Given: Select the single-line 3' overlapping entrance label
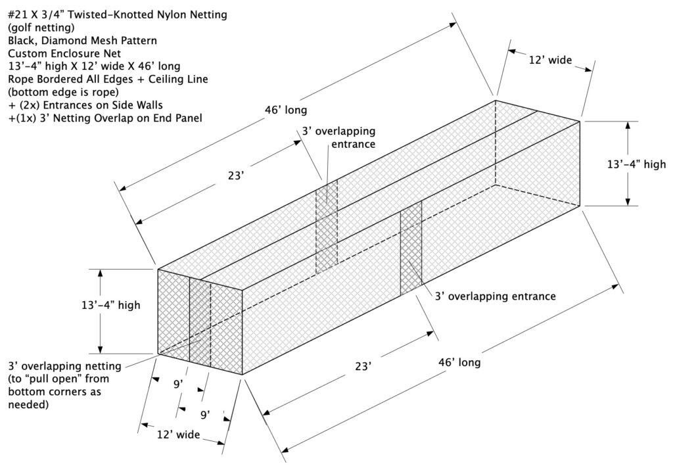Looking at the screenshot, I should tap(495, 296).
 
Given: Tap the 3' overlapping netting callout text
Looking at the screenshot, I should tap(64, 366).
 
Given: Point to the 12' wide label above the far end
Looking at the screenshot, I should tap(550, 60).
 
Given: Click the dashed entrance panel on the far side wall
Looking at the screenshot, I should tap(327, 227).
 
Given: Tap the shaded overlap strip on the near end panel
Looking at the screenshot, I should tap(200, 322).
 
